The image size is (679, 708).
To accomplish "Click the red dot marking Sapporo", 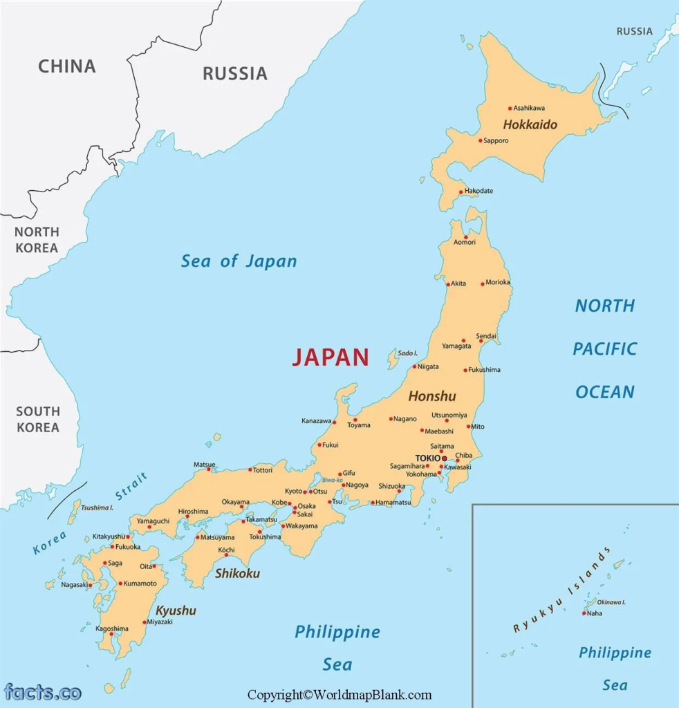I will coord(481,140).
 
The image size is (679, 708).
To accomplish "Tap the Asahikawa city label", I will coord(529,108).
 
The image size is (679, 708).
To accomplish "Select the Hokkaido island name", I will coord(530,126).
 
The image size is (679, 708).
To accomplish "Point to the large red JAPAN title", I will coord(330,357).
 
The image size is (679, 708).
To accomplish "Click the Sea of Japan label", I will coord(239,261).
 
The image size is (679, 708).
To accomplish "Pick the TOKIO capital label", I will coord(427,458).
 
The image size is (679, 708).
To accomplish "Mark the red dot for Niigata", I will coord(414,366).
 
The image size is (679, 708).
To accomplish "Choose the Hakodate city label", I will coord(478,191).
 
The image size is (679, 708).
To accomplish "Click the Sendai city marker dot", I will coord(481,341).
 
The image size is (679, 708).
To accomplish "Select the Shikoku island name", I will coord(237,573).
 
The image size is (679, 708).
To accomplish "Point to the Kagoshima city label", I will coord(112,628).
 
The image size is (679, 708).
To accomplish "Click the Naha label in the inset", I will coord(594,613).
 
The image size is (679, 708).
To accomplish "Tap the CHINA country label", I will coord(66,66).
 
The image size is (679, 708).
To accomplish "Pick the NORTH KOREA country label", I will coord(37,239).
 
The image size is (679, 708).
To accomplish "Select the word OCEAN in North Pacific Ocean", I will coord(604,392).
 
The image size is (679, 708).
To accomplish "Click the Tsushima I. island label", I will coord(97,507).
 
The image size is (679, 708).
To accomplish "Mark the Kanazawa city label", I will coord(316,420).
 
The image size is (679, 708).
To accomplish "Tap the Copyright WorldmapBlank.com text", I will coord(339,695).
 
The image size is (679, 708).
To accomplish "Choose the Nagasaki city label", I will coord(74,584).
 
